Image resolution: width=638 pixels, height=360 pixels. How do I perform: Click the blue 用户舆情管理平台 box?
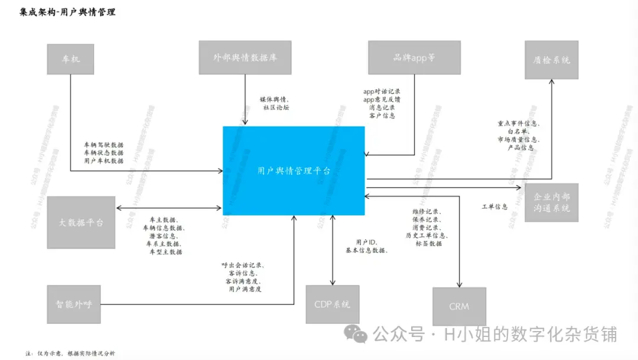pyautogui.click(x=294, y=170)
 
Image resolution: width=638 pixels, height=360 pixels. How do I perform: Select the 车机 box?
pyautogui.click(x=70, y=59)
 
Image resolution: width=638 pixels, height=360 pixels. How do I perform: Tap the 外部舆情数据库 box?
pyautogui.click(x=245, y=57)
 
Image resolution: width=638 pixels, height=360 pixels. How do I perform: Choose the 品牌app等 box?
pyautogui.click(x=414, y=57)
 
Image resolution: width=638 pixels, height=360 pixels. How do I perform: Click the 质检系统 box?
pyautogui.click(x=551, y=60)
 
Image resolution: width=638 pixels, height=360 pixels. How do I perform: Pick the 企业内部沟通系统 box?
pyautogui.click(x=551, y=202)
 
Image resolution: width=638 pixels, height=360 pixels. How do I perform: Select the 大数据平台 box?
pyautogui.click(x=81, y=222)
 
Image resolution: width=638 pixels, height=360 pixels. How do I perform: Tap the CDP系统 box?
pyautogui.click(x=332, y=304)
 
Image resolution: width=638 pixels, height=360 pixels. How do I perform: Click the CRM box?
pyautogui.click(x=459, y=307)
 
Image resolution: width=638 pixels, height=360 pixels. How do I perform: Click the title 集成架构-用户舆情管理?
pyautogui.click(x=67, y=12)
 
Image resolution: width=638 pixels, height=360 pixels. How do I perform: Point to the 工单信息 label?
pyautogui.click(x=494, y=207)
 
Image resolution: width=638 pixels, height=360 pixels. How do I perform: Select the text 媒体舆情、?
pyautogui.click(x=275, y=99)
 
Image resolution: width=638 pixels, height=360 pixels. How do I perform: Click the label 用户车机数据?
pyautogui.click(x=103, y=161)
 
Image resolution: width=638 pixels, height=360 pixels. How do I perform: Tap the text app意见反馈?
pyautogui.click(x=382, y=100)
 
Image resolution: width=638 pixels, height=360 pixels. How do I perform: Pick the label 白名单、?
pyautogui.click(x=520, y=132)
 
